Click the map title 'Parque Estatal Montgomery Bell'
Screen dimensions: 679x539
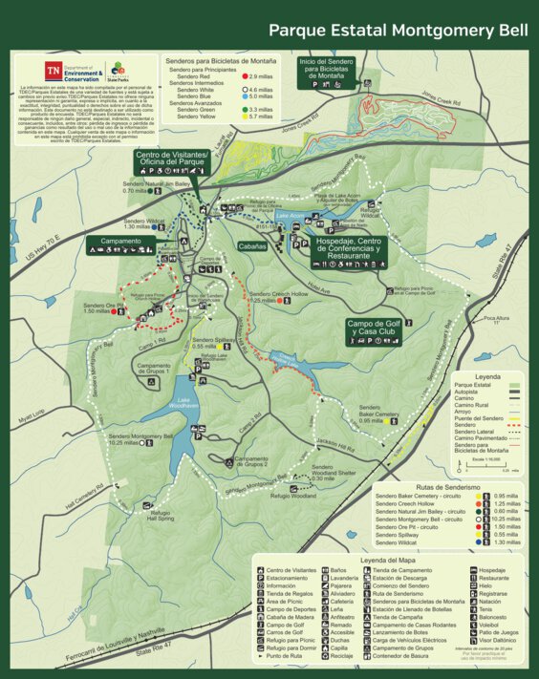[x=397, y=31]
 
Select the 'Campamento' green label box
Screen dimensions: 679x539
[x=120, y=242]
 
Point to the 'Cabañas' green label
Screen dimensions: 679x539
[x=252, y=245]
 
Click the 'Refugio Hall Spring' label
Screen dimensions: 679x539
[x=165, y=516]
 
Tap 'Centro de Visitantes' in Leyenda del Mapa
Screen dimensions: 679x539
[x=290, y=571]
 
